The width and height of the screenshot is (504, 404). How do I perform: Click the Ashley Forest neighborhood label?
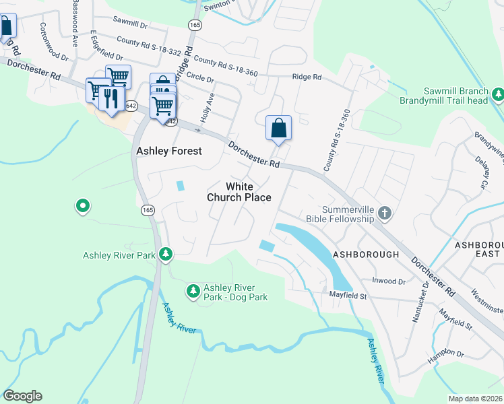click(x=168, y=151)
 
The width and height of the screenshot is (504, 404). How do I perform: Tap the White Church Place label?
click(x=239, y=192)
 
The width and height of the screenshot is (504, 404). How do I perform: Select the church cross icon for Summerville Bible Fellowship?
click(x=384, y=213)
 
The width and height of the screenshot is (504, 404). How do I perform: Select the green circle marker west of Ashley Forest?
click(x=82, y=205)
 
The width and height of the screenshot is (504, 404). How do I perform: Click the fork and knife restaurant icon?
click(x=108, y=98)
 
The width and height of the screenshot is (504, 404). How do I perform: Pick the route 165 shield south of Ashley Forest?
click(x=148, y=211)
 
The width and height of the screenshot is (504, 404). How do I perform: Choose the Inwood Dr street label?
click(x=388, y=281)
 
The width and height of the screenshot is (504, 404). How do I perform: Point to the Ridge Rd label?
click(x=307, y=77)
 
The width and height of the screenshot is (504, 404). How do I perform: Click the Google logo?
click(x=22, y=395)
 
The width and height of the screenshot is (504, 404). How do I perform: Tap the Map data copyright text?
click(x=474, y=399)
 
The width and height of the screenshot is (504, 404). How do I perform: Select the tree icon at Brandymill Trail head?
click(x=497, y=94)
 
